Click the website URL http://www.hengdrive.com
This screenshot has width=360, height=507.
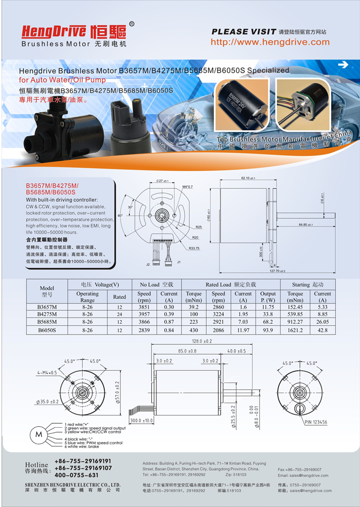click(270, 42)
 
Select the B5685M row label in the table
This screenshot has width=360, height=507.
click(47, 322)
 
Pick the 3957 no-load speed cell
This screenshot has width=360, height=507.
click(145, 314)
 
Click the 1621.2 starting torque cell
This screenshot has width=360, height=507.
click(295, 329)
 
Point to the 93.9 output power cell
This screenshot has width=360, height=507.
click(268, 329)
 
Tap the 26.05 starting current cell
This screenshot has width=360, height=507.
click(322, 322)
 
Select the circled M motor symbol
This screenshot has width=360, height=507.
click(38, 435)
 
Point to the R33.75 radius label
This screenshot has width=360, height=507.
click(194, 249)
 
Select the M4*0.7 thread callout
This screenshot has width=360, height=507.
click(187, 186)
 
